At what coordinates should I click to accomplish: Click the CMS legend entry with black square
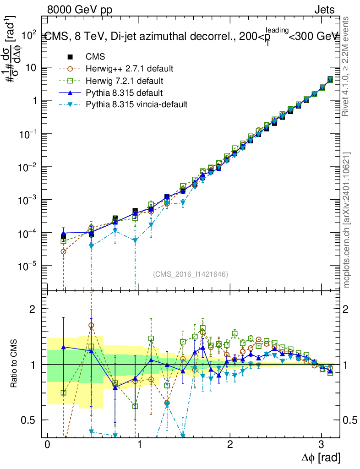point(96,57)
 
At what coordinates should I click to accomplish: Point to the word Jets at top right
point(324,10)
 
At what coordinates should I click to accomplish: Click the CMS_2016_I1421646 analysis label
point(191,274)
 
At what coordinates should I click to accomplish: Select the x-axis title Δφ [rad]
point(321,457)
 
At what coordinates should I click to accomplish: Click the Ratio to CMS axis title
point(15,364)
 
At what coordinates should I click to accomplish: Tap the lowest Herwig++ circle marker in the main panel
point(64,251)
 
